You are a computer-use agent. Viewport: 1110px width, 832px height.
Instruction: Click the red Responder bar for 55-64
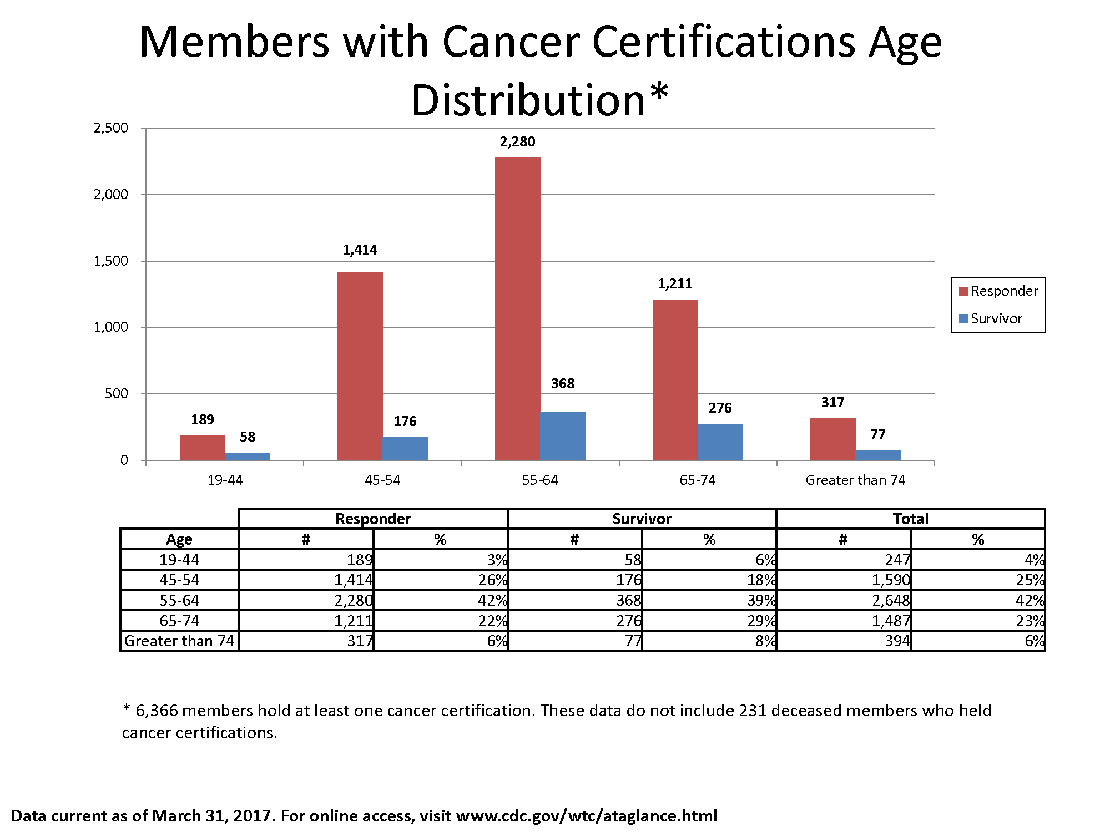pos(517,308)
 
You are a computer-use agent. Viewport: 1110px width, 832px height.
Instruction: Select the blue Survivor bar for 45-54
pos(405,448)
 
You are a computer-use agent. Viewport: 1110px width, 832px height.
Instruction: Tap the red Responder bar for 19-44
pos(202,448)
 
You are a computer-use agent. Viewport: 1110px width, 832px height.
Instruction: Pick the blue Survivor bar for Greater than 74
pos(878,455)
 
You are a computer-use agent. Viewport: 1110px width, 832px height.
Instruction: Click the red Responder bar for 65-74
pos(675,379)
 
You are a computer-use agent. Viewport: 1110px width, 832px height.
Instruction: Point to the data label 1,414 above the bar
pos(360,250)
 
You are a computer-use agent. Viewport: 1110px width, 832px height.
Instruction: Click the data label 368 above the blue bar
pos(562,383)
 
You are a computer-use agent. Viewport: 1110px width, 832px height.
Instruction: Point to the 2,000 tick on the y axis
pos(111,195)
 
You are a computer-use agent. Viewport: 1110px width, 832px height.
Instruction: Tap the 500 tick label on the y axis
pos(117,394)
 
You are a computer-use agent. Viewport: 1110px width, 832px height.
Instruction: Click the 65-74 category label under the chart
pos(698,480)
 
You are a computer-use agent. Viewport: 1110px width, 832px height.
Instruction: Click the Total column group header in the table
pos(910,519)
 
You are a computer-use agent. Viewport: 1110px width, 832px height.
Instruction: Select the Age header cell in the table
pos(179,539)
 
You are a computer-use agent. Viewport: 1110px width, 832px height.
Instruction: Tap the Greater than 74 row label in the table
pos(179,641)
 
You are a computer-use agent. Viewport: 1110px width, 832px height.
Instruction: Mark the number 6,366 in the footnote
pos(157,711)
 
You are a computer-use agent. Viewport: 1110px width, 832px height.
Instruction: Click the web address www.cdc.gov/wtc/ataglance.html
pos(586,816)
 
